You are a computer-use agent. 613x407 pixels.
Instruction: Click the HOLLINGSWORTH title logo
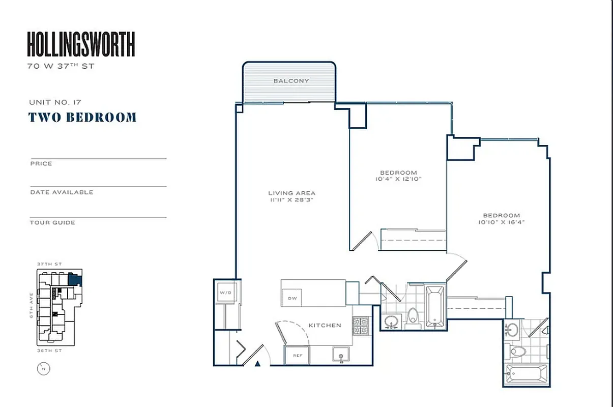[x=81, y=44]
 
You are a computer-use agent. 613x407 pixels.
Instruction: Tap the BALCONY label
[x=291, y=81]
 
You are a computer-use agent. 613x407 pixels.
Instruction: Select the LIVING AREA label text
[x=291, y=193]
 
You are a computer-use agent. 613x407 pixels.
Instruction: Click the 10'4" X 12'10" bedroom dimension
[x=398, y=179]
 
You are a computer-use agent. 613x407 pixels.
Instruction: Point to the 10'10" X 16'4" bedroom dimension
[x=501, y=222]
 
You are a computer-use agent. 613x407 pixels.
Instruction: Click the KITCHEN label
[x=325, y=325]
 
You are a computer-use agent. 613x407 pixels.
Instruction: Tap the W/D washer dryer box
[x=225, y=293]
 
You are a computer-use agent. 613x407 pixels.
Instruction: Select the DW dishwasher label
[x=292, y=298]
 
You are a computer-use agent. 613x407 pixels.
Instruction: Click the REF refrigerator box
[x=297, y=356]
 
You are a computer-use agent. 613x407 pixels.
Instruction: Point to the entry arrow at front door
[x=258, y=363]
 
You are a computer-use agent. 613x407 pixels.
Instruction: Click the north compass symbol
[x=43, y=369]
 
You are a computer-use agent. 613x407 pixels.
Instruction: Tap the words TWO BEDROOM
[x=82, y=118]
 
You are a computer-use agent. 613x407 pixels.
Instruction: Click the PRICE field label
[x=41, y=164]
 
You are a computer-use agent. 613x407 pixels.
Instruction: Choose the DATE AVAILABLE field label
[x=62, y=192]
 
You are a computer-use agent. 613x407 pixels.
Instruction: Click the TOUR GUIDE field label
[x=52, y=222]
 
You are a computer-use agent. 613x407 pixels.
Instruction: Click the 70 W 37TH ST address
[x=61, y=66]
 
